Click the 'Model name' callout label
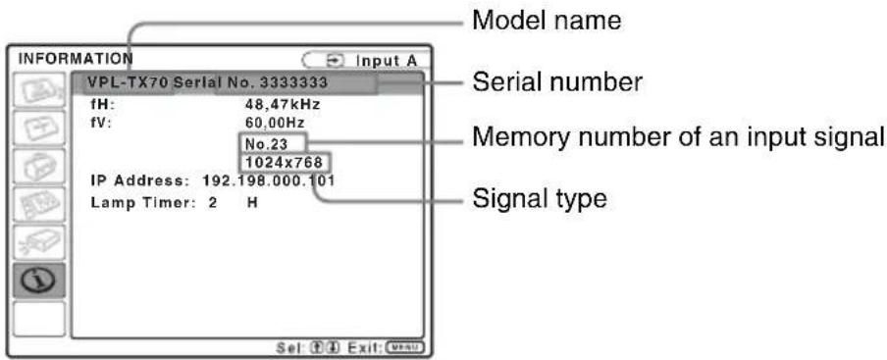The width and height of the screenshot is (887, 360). point(547,21)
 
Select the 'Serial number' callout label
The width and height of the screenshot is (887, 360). point(557,82)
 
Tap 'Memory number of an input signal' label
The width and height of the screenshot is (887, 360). point(678,137)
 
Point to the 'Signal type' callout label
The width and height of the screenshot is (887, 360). point(539,198)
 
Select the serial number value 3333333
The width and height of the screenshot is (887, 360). point(293,82)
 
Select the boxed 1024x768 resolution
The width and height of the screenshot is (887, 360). point(284,163)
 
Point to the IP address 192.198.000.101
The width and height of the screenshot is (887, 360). point(268,182)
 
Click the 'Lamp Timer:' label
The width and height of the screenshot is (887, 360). point(142,203)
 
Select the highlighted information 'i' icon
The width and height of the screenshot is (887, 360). point(39,281)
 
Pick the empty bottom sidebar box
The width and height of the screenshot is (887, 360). point(39,319)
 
